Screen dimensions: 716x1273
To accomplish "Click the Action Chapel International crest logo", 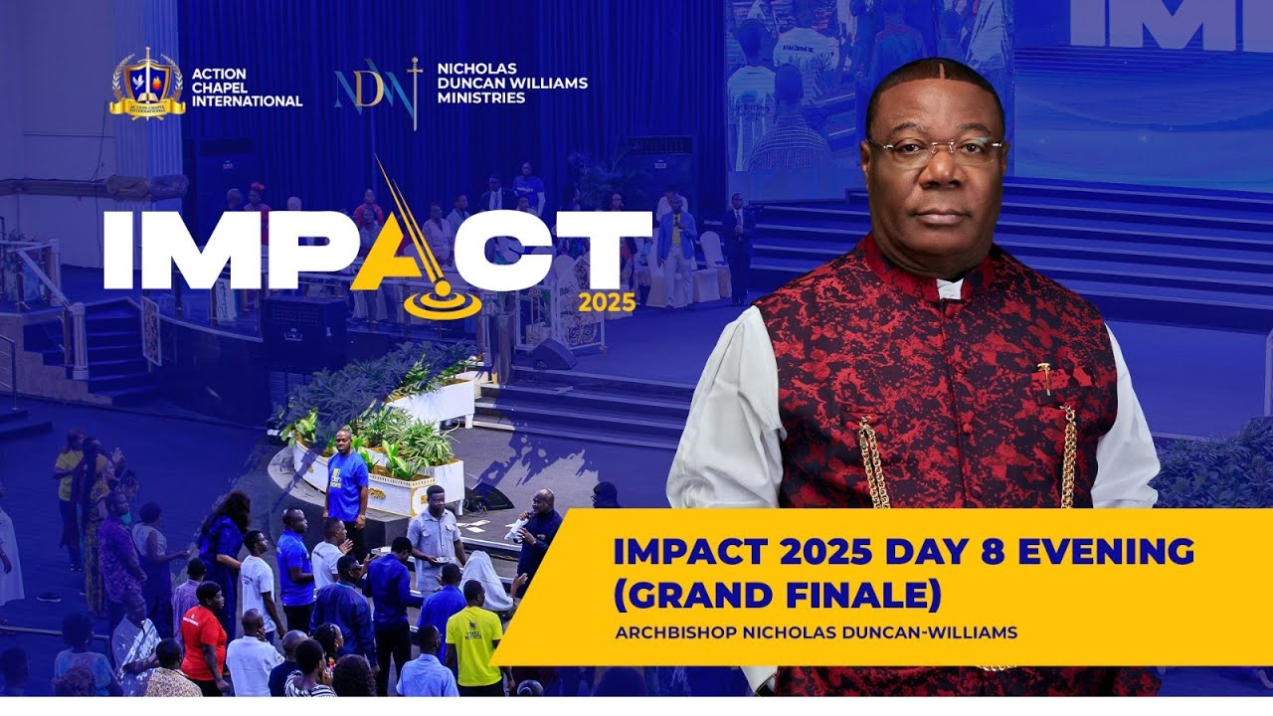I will (146, 86).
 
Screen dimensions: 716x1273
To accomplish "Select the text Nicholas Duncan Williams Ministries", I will (511, 84).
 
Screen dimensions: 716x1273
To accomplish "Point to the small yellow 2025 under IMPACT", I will (607, 302).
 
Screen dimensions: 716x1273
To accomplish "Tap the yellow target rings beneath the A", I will (442, 302).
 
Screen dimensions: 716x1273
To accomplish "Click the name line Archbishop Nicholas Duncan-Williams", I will (816, 632).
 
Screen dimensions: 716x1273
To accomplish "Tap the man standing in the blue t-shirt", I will (346, 477).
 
